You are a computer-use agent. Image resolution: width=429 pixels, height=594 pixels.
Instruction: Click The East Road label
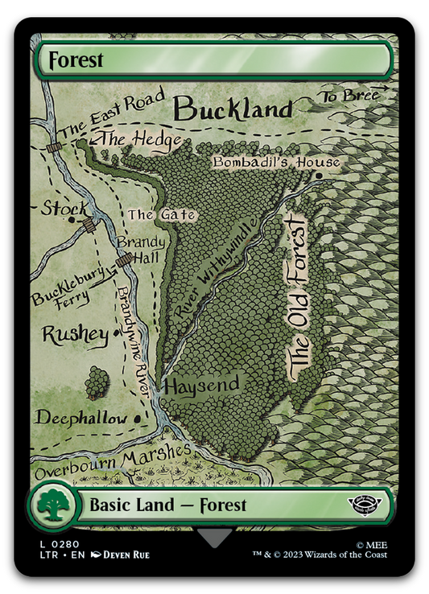click(104, 114)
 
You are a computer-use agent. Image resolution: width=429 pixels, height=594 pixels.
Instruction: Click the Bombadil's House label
click(275, 163)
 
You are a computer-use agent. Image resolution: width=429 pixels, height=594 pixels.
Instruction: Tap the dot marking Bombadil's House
click(320, 175)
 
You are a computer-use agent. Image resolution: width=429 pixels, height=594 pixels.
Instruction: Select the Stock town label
click(64, 209)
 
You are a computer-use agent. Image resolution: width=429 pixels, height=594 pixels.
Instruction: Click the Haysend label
click(201, 386)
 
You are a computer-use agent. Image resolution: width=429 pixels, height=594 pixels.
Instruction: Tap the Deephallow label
click(80, 418)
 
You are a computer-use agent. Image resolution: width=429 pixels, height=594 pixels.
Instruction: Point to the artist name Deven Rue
click(126, 555)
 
